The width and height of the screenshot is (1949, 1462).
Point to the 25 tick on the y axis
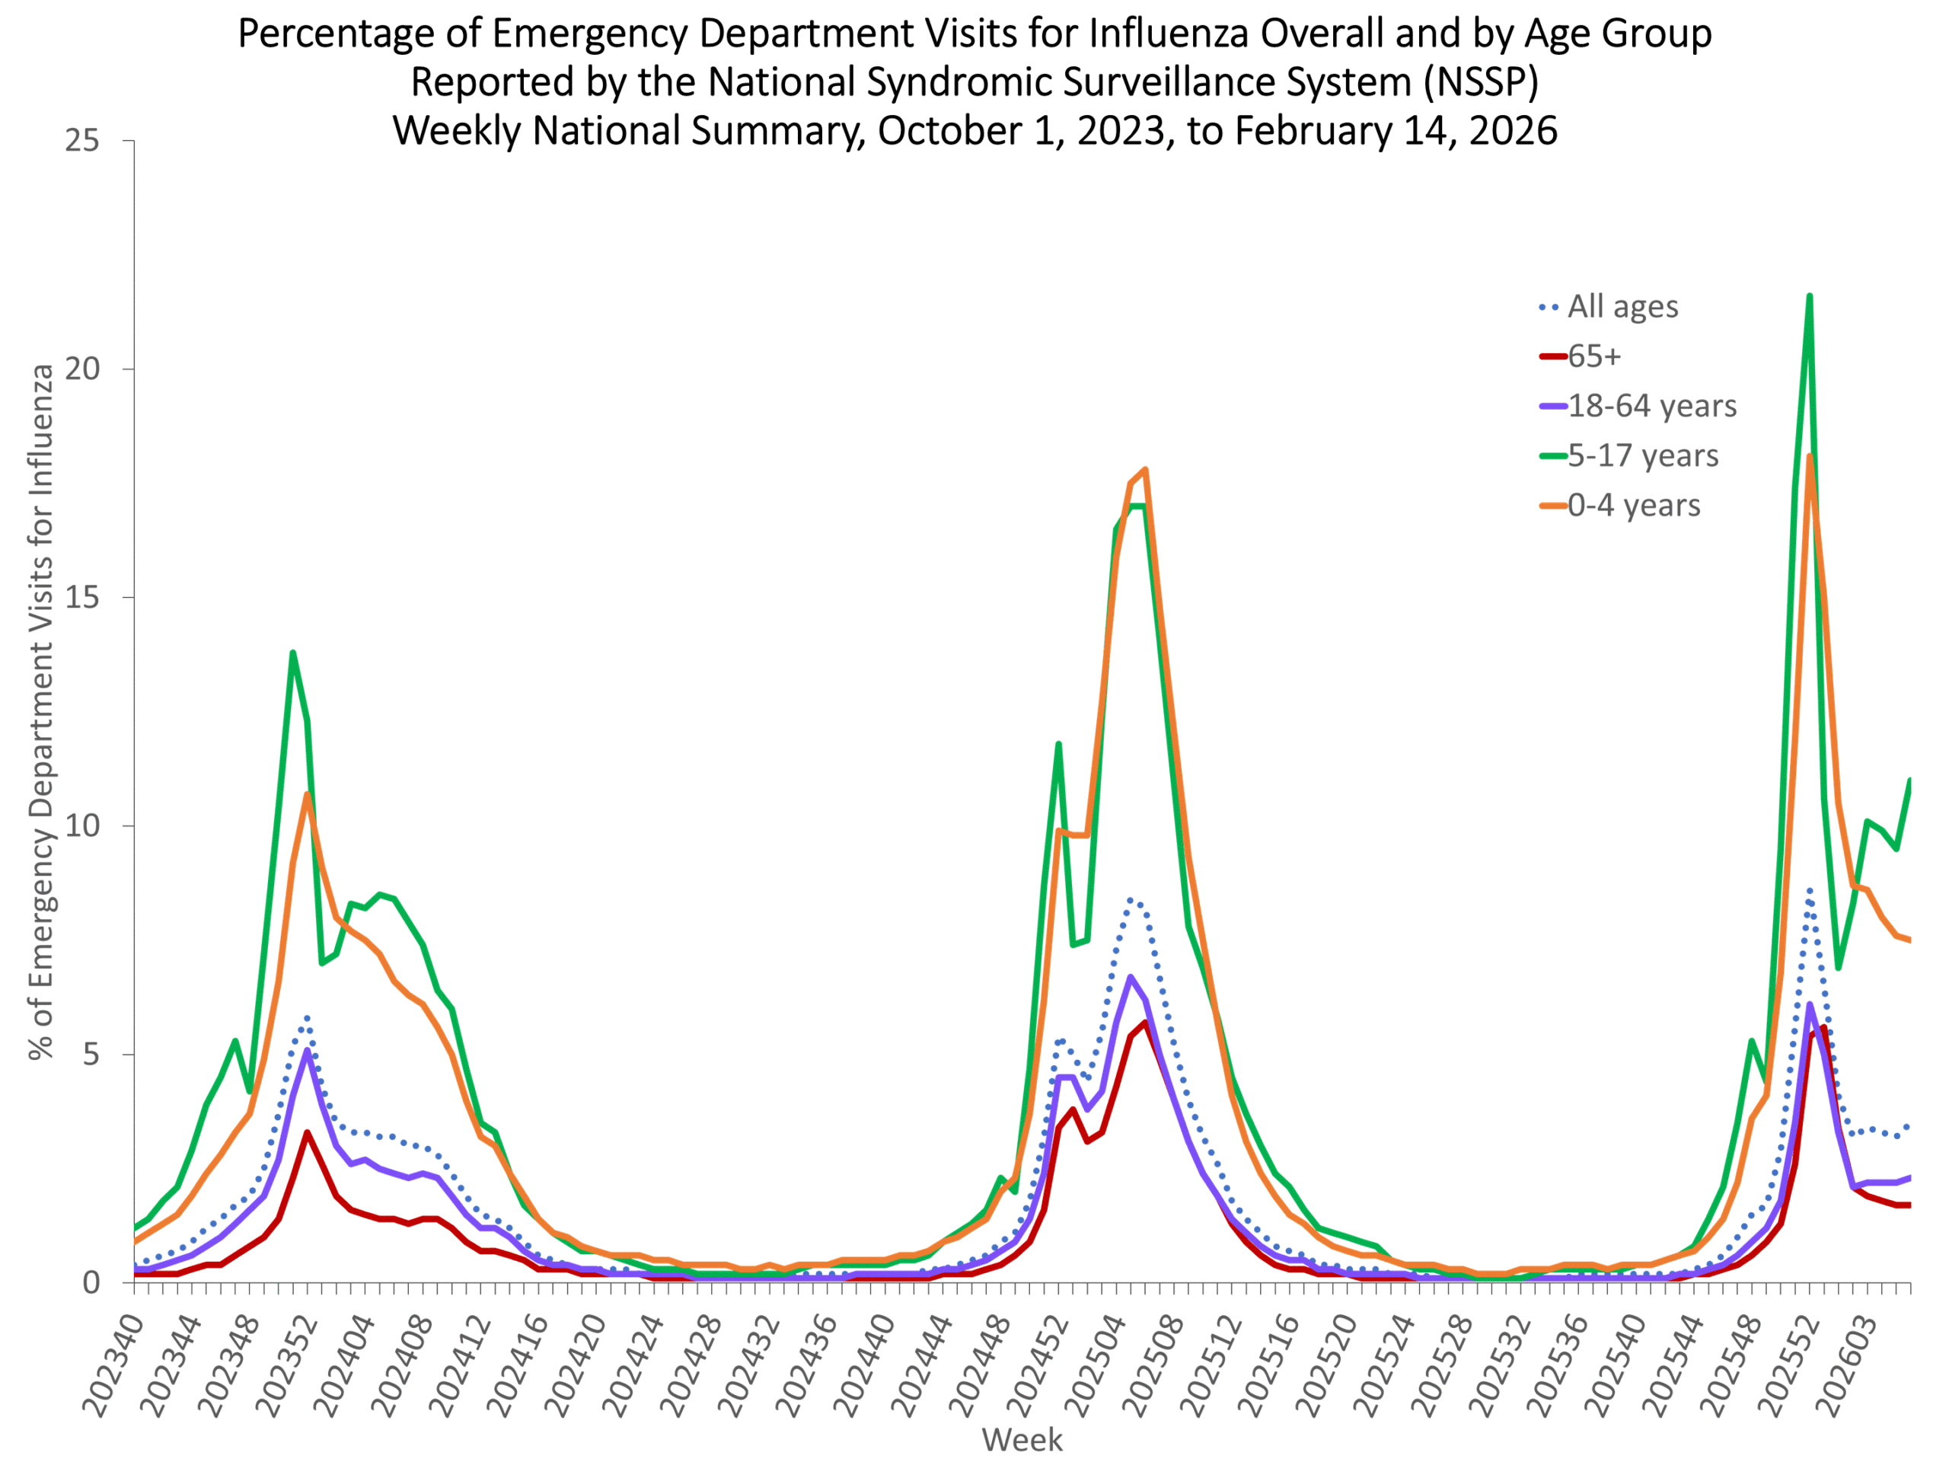[82, 141]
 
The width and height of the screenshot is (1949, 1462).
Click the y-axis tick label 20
[82, 369]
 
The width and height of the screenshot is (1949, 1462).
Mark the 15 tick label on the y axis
[82, 598]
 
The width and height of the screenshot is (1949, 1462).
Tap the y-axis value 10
[82, 827]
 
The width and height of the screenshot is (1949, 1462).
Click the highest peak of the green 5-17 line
[1809, 296]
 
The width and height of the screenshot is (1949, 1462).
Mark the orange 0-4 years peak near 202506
[1144, 470]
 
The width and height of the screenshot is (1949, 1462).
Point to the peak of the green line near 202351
[292, 653]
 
